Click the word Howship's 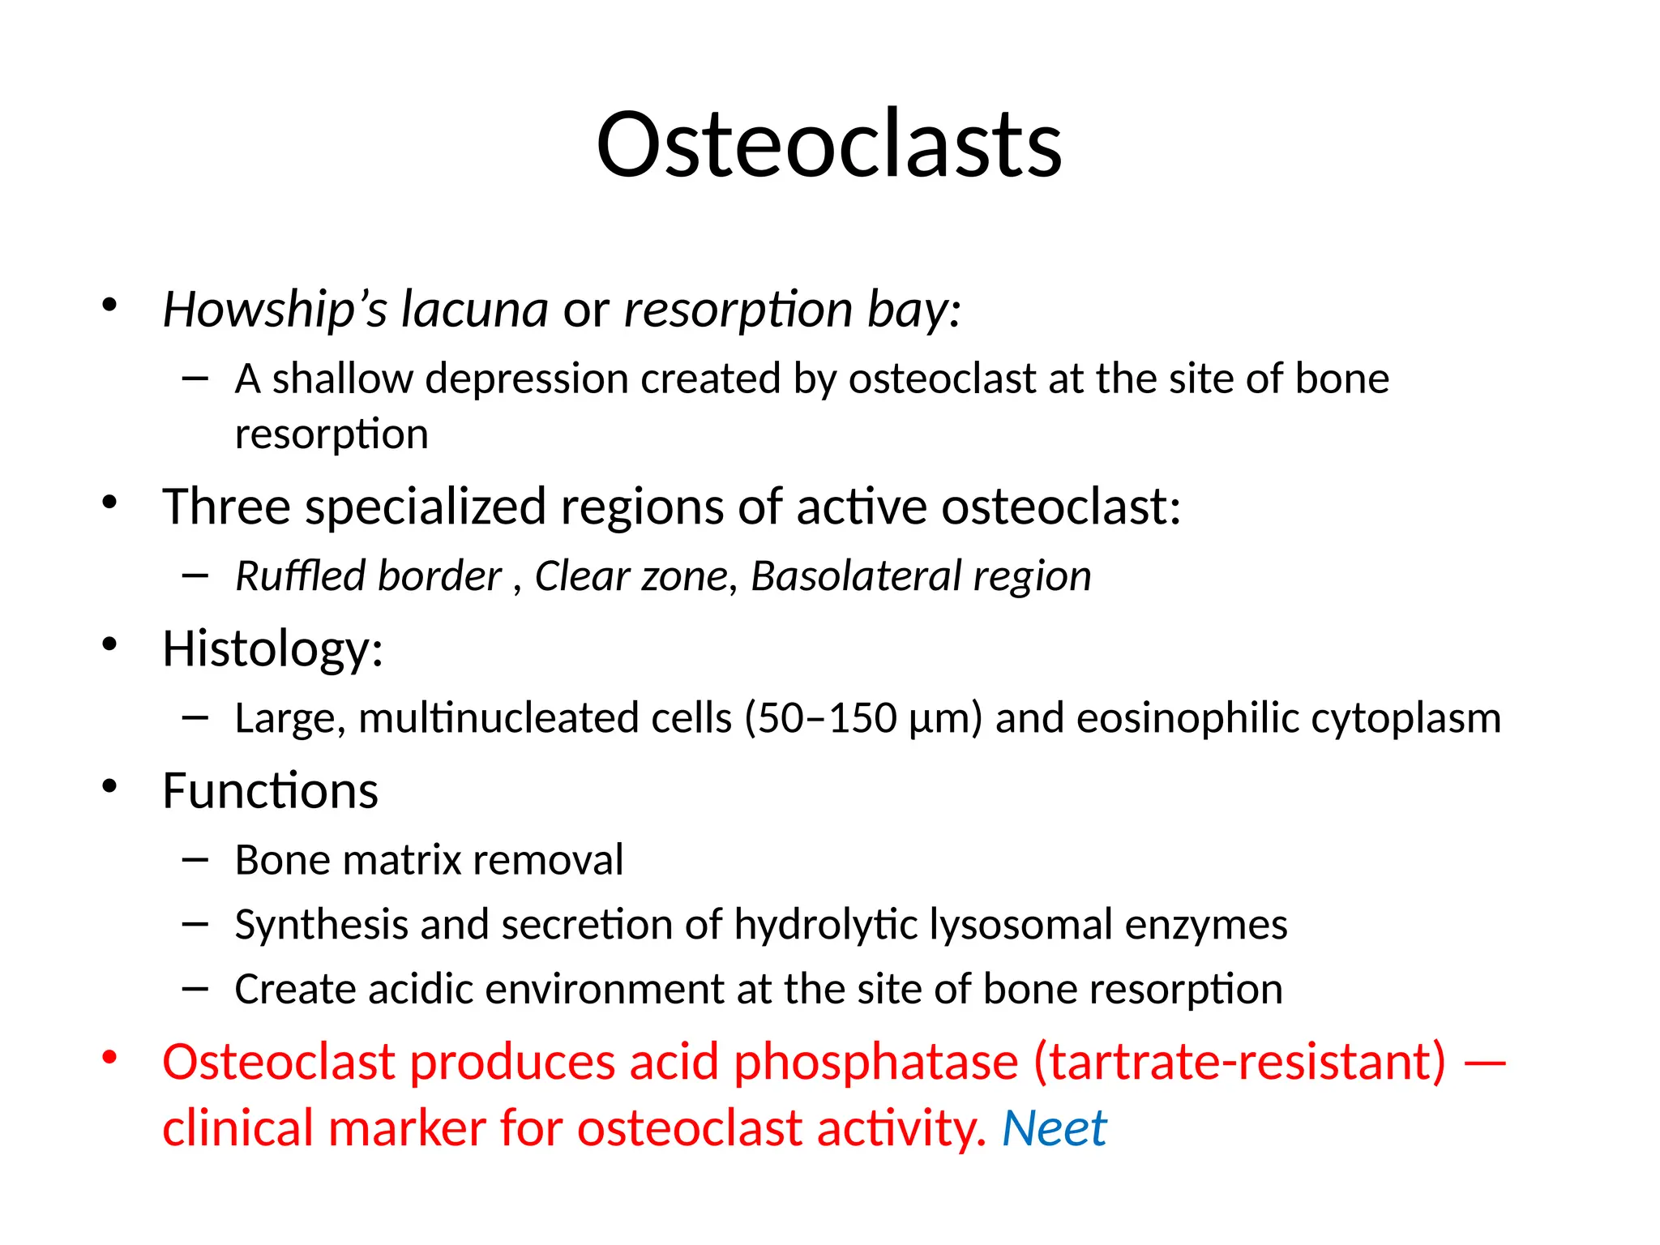click(x=275, y=310)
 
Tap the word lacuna click(x=475, y=310)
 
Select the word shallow click(x=342, y=379)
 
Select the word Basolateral click(x=855, y=576)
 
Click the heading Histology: click(x=272, y=650)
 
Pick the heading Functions click(x=270, y=791)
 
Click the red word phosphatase click(x=875, y=1063)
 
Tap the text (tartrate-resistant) click(x=1239, y=1063)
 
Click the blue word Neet click(x=1054, y=1129)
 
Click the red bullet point click(x=109, y=1058)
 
